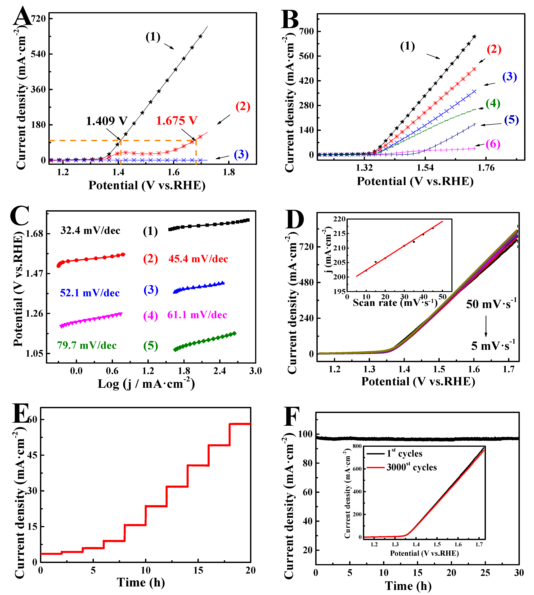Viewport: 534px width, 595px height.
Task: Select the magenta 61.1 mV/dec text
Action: [197, 315]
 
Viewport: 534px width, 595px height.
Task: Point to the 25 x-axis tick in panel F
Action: [485, 573]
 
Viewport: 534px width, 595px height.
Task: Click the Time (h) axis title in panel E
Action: [141, 582]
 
